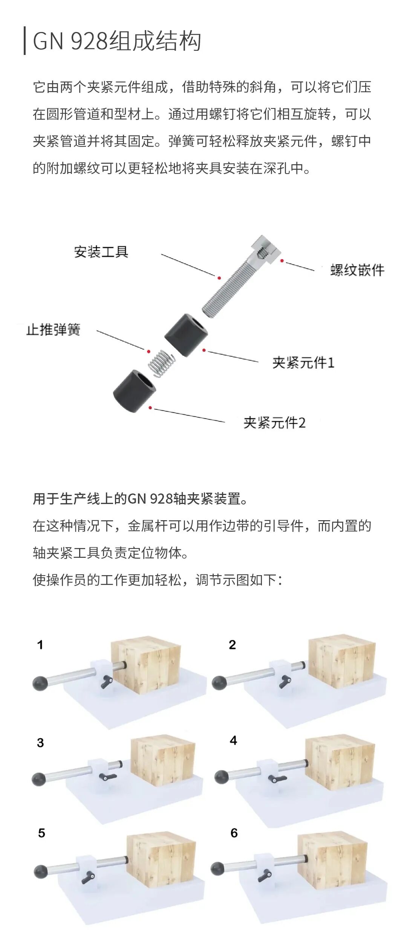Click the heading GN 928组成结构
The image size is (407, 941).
[117, 41]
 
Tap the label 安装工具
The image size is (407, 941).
[101, 252]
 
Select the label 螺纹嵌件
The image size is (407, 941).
[357, 270]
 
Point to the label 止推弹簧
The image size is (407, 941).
[53, 329]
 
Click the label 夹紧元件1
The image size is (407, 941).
[303, 362]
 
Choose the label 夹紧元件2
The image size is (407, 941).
[274, 423]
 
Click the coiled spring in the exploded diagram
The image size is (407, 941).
[161, 363]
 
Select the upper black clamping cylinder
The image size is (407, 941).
[187, 335]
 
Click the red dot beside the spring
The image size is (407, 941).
[149, 351]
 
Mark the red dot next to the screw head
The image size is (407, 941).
[282, 260]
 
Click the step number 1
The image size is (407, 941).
[40, 645]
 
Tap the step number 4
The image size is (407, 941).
[233, 740]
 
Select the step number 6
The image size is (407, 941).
[234, 833]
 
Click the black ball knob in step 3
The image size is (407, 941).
[39, 779]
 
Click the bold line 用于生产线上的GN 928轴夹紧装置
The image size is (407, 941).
[140, 499]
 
